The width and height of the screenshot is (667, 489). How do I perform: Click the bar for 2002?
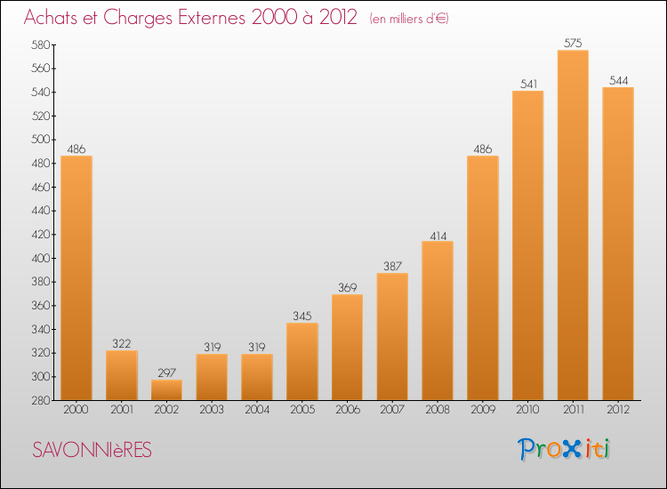pyautogui.click(x=167, y=390)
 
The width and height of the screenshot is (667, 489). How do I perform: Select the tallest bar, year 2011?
pyautogui.click(x=573, y=225)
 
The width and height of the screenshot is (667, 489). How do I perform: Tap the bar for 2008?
pyautogui.click(x=438, y=321)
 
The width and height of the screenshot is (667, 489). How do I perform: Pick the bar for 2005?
pyautogui.click(x=302, y=362)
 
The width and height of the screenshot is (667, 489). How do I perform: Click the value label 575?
pyautogui.click(x=573, y=43)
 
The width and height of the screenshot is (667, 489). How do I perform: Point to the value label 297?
pyautogui.click(x=167, y=373)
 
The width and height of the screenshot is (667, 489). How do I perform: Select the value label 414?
pyautogui.click(x=438, y=236)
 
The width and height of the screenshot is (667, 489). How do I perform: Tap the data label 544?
pyautogui.click(x=618, y=80)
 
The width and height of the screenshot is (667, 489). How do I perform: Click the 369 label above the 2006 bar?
pyautogui.click(x=348, y=287)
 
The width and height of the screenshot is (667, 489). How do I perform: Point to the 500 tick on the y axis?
pyautogui.click(x=41, y=140)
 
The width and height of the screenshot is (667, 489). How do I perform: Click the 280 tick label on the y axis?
pyautogui.click(x=41, y=401)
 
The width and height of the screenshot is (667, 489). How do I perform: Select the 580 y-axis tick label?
pyautogui.click(x=41, y=44)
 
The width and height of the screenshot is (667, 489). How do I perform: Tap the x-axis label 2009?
pyautogui.click(x=483, y=410)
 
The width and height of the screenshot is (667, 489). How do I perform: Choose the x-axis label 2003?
pyautogui.click(x=212, y=410)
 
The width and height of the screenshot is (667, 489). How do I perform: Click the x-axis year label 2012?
pyautogui.click(x=618, y=410)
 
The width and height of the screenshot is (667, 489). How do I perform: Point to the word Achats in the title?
pyautogui.click(x=51, y=18)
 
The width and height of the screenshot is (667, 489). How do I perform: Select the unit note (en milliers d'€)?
pyautogui.click(x=409, y=19)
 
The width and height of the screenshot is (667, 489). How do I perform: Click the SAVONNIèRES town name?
pyautogui.click(x=92, y=450)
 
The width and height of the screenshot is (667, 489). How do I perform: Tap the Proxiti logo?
pyautogui.click(x=564, y=449)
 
